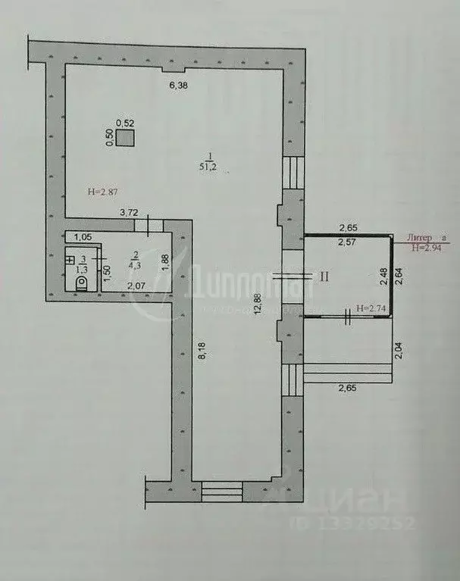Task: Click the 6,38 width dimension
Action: click(x=177, y=86)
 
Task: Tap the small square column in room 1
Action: click(x=125, y=138)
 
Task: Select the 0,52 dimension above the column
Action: click(x=125, y=123)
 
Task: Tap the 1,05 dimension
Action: click(x=83, y=237)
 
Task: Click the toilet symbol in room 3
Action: click(x=83, y=283)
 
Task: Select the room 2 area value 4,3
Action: click(x=133, y=265)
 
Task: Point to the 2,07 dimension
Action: click(x=136, y=286)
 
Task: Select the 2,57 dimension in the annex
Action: click(x=348, y=242)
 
